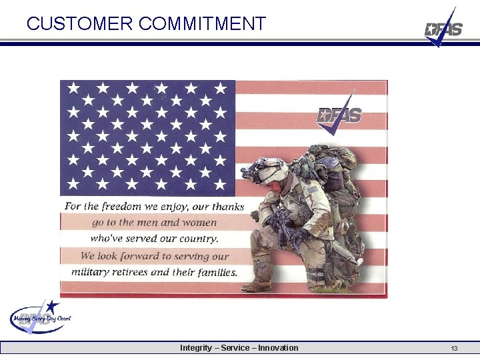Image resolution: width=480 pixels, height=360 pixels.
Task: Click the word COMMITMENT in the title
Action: pyautogui.click(x=203, y=24)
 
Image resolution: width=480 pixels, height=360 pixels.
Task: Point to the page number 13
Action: pyautogui.click(x=454, y=349)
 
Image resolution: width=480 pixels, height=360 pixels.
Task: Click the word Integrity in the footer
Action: pyautogui.click(x=197, y=348)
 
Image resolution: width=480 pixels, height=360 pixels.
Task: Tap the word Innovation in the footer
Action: pyautogui.click(x=278, y=348)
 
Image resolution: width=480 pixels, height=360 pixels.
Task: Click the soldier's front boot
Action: pyautogui.click(x=257, y=285)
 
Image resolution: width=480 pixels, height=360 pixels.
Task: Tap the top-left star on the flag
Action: pyautogui.click(x=73, y=87)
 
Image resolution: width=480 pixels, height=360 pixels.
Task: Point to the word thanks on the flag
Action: pyautogui.click(x=228, y=206)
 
